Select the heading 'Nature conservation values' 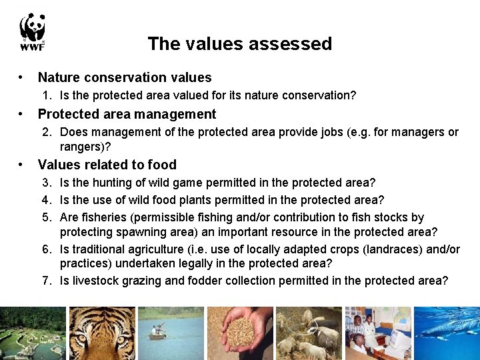[125, 78]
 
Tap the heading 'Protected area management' [127, 114]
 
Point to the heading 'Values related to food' [107, 165]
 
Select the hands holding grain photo [240, 332]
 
